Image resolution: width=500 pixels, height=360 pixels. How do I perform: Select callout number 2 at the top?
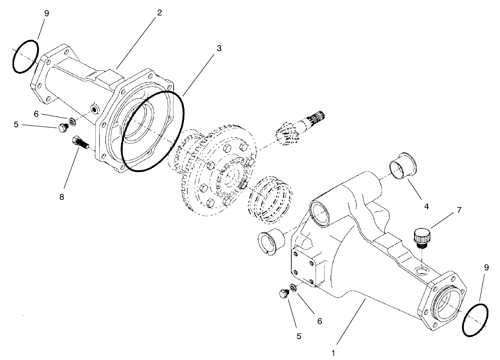tap(159, 13)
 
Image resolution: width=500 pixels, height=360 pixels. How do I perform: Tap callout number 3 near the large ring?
tap(219, 48)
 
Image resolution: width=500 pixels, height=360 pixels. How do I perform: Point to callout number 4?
tap(427, 206)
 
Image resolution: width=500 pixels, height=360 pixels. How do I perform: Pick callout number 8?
tap(61, 197)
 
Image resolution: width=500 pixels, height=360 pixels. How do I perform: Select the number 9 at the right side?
tap(486, 268)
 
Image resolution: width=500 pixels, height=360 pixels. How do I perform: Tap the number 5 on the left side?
tap(16, 124)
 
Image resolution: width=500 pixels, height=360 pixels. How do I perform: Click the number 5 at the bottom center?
tap(298, 336)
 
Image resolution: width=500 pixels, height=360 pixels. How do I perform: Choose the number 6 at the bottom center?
tap(320, 321)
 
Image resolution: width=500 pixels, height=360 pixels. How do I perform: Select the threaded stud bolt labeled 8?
tap(79, 142)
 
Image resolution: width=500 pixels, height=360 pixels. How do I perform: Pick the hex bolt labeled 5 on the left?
tap(63, 128)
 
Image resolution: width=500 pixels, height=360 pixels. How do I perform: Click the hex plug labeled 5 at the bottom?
tap(283, 294)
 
